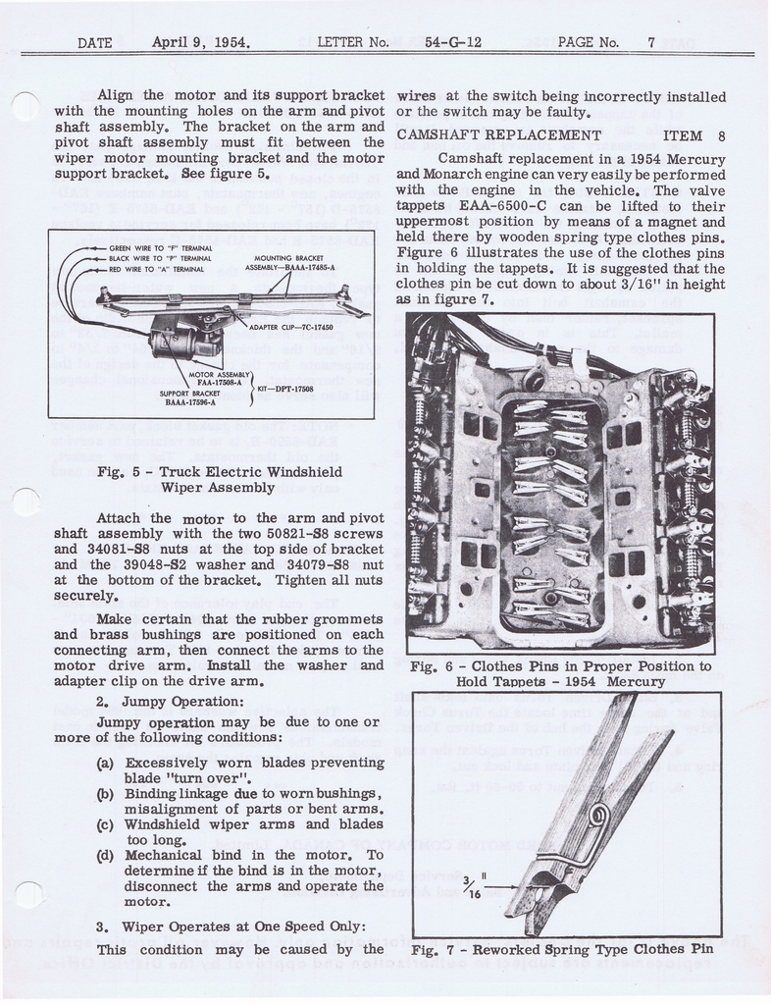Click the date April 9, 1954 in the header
(201, 42)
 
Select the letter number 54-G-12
(452, 42)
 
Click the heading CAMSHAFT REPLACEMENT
(498, 134)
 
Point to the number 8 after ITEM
(721, 135)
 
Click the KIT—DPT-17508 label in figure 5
(293, 389)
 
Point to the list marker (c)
(109, 824)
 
